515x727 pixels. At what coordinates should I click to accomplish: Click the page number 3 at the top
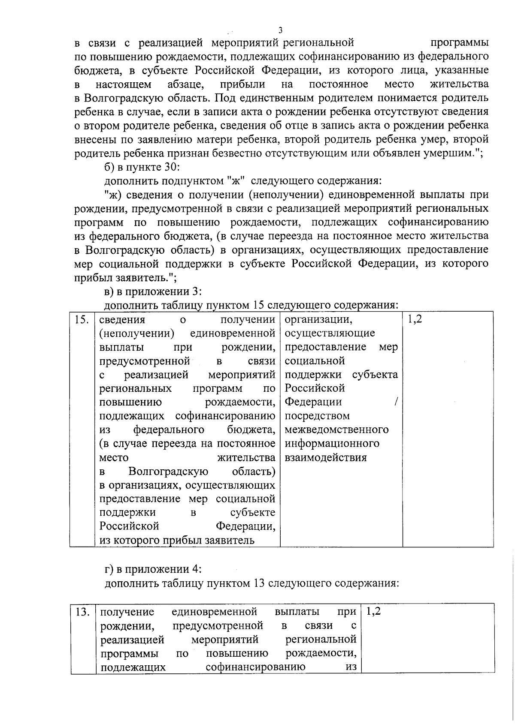coord(280,30)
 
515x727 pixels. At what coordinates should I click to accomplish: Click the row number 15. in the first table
coord(82,320)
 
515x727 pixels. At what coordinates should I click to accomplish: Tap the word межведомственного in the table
coord(337,430)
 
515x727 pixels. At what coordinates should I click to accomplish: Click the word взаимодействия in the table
coord(326,457)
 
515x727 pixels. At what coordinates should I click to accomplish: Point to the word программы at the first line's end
coord(460,43)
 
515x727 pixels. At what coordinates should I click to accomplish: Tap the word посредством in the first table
coord(317,416)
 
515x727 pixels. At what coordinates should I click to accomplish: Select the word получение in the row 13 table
coord(127,612)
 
